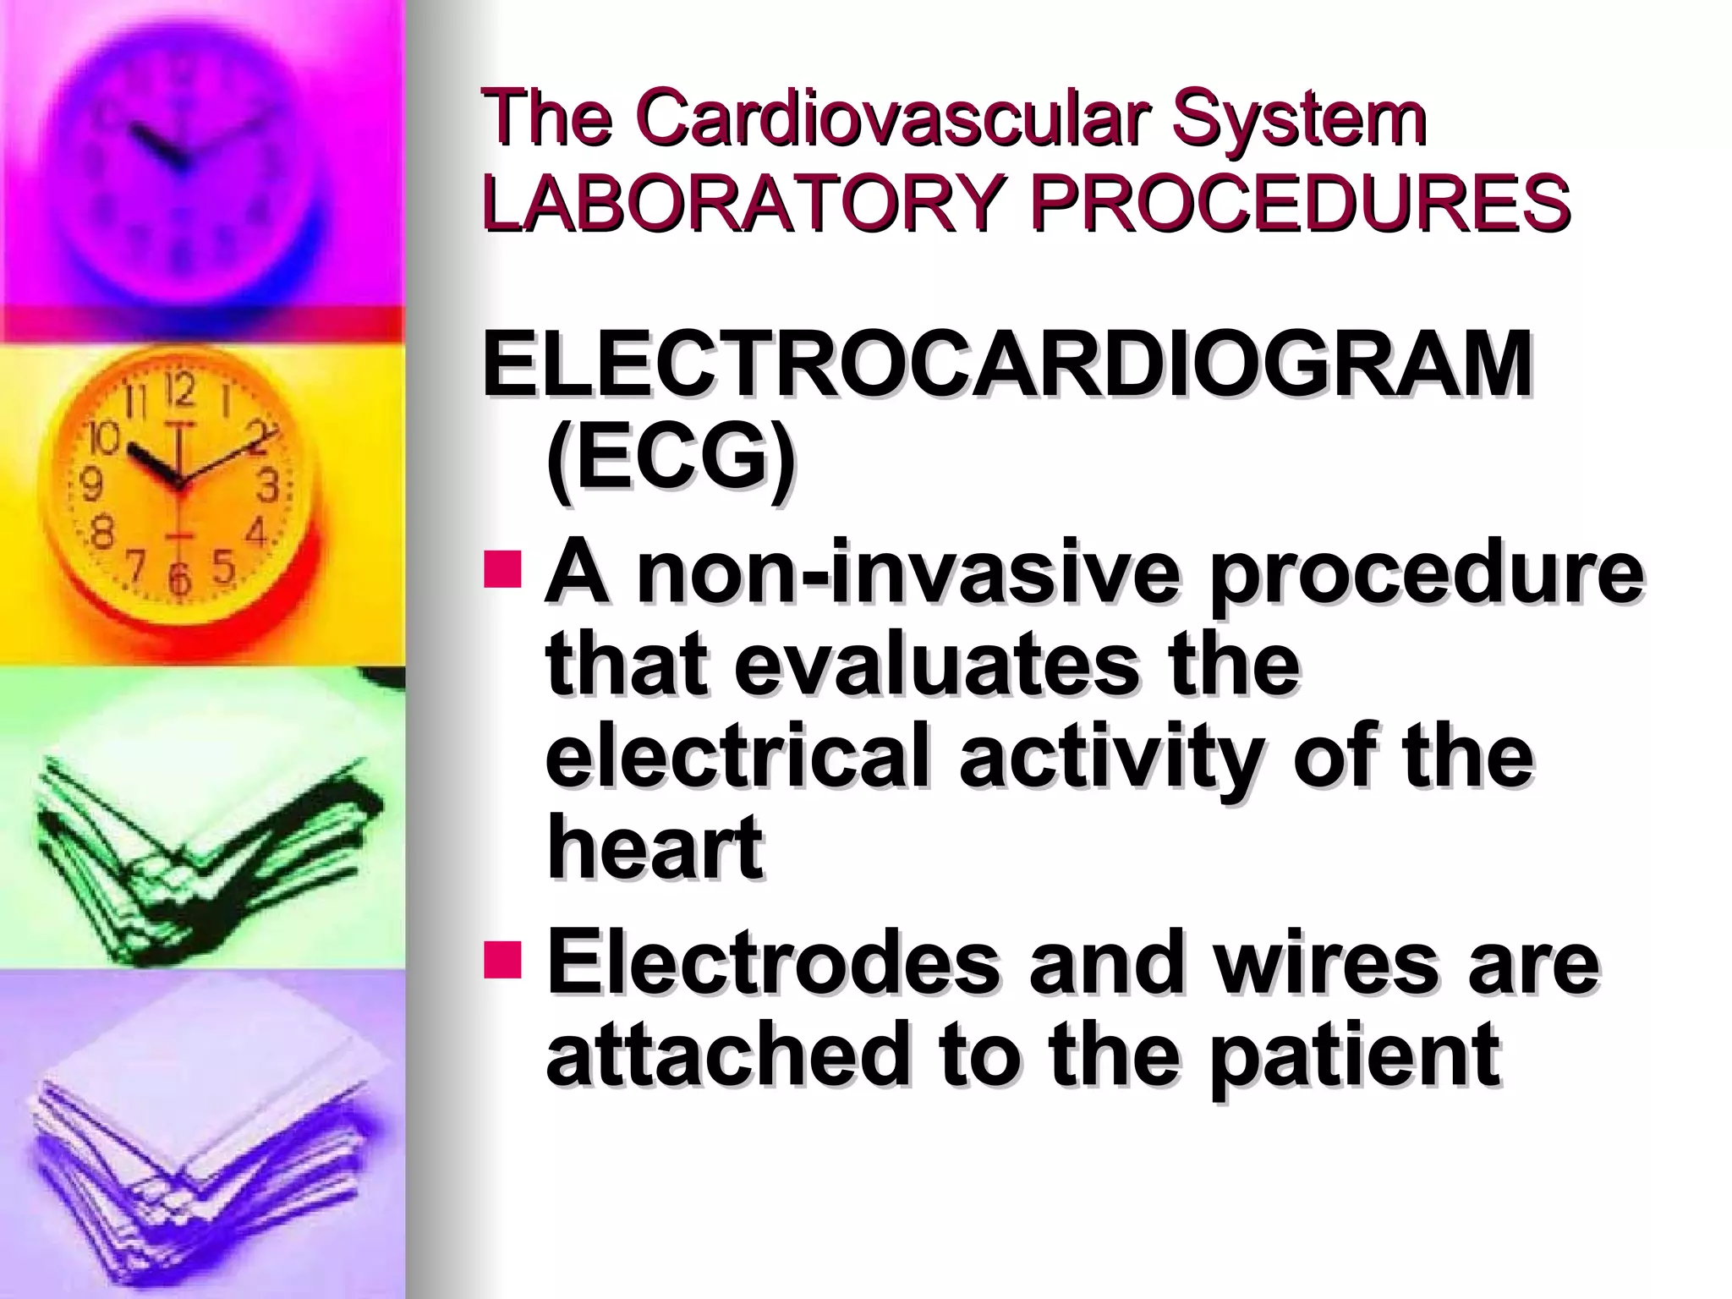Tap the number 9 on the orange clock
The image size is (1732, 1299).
click(x=90, y=484)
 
